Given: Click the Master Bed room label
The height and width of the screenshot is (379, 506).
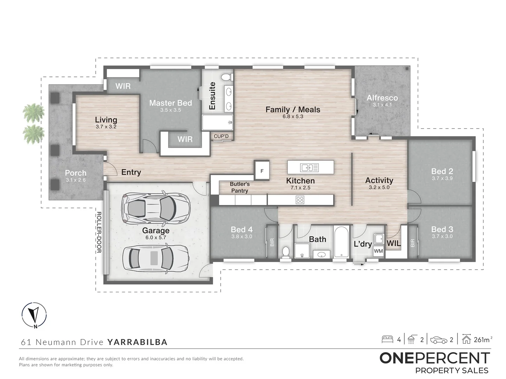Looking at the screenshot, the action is pos(170,103).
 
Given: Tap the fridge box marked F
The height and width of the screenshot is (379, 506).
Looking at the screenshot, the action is pos(262,170).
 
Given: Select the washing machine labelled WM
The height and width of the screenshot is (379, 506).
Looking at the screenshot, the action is pos(378,251).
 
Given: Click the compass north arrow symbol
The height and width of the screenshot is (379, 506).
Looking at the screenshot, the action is pos(34,315).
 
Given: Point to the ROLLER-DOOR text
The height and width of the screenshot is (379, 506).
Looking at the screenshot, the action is pos(99,232).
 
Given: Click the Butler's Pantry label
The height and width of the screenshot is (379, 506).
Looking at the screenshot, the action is pos(240,187).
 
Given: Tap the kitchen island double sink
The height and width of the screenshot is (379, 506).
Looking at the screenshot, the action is pos(309,168).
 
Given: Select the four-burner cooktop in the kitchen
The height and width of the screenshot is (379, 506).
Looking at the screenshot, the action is pos(300,200).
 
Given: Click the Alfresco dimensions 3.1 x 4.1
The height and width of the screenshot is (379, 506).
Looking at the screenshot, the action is pos(382,105).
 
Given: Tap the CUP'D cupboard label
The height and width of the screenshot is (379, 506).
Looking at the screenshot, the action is pos(221,136).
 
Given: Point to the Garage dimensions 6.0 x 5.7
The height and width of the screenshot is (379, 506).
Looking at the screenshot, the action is pos(156,238).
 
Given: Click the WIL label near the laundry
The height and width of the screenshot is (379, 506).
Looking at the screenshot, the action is pos(394,243).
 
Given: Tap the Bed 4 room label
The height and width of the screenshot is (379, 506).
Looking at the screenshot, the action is pos(242,230).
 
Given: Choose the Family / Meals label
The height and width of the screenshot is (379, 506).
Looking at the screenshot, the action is pos(293,109).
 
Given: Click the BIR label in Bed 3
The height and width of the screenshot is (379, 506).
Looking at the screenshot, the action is pos(413,243).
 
